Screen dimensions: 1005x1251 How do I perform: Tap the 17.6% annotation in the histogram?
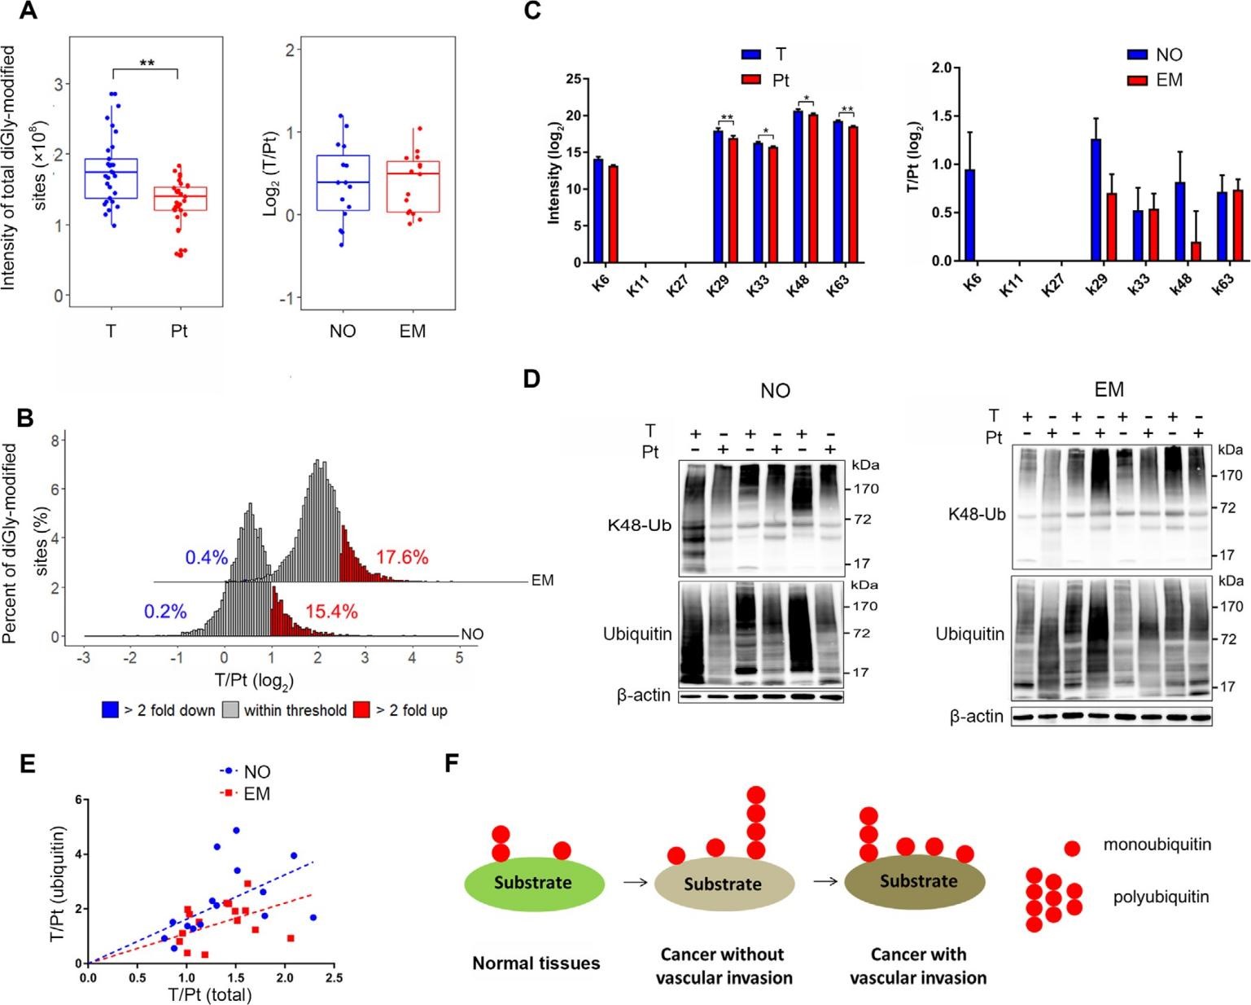401,558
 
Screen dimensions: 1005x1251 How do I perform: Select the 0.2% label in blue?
165,612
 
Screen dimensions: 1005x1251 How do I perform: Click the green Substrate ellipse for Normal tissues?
533,883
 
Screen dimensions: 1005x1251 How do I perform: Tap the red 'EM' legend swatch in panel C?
1138,80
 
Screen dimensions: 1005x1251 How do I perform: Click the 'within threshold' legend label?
295,710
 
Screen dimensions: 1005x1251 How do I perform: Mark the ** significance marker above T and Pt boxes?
147,63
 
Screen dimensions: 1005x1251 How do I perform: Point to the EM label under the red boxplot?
413,331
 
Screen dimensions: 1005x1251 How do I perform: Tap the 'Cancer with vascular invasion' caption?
918,965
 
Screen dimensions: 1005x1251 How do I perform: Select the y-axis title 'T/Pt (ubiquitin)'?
57,884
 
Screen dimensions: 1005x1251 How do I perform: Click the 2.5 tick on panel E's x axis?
334,978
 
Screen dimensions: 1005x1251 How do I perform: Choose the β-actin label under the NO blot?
643,696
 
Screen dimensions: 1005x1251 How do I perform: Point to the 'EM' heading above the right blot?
1109,390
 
